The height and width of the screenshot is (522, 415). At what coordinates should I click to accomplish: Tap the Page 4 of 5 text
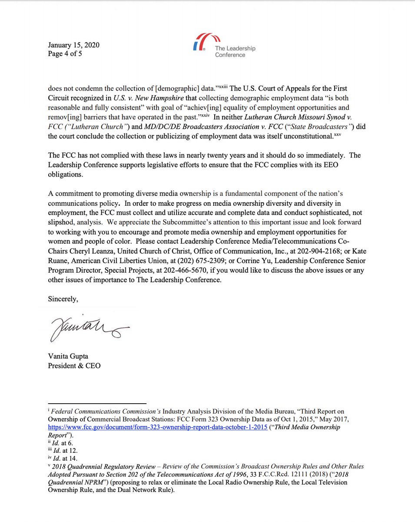[x=65, y=54]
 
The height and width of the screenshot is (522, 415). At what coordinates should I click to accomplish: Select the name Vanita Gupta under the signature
[x=68, y=356]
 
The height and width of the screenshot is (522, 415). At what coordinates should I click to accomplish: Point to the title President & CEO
[x=74, y=365]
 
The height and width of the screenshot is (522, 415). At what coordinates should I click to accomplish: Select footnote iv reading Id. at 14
[x=62, y=458]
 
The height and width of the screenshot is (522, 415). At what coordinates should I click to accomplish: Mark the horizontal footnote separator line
[x=97, y=404]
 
